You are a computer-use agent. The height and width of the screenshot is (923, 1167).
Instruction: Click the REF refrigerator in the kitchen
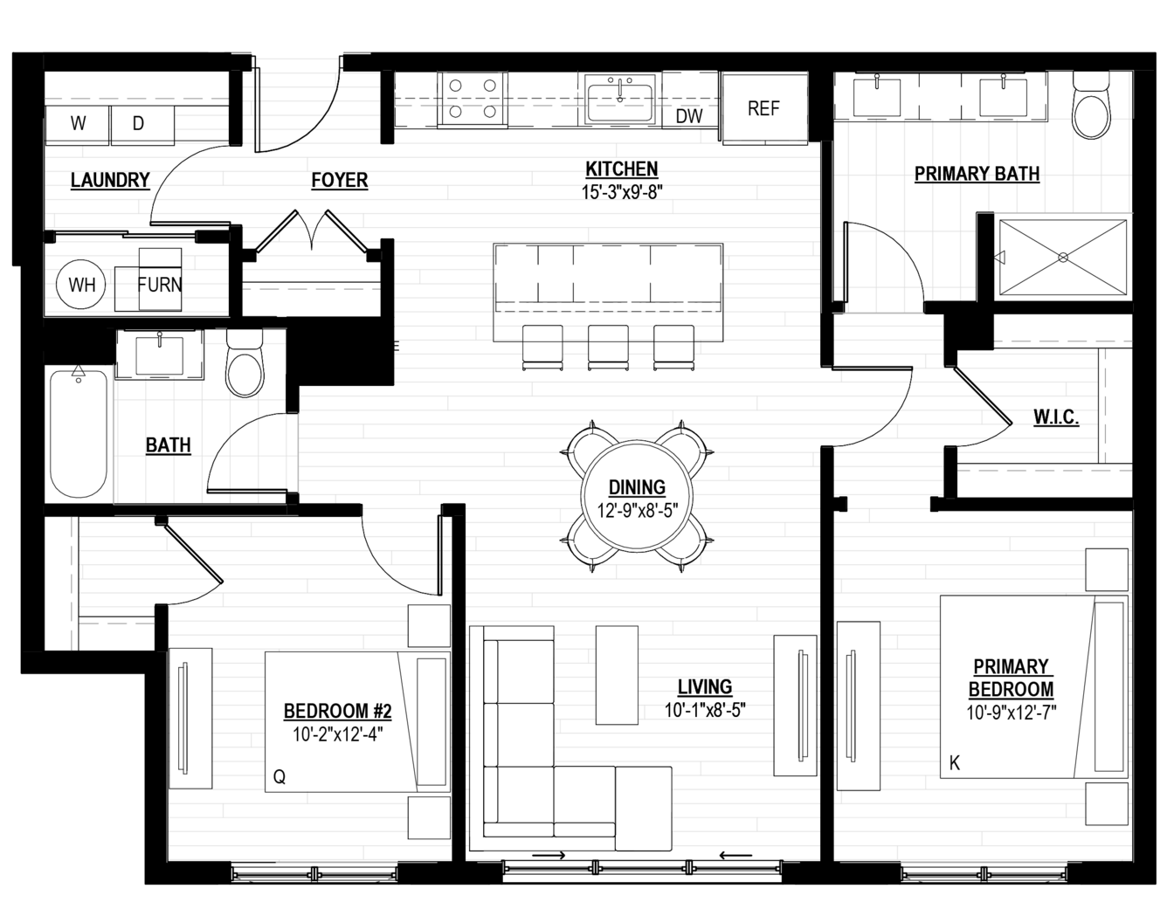764,108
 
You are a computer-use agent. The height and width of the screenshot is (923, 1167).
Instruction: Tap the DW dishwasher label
688,116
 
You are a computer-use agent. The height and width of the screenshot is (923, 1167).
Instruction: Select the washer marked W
78,124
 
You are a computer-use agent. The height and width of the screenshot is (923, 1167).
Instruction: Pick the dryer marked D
142,124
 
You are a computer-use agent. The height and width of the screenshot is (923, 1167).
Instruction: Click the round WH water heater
82,284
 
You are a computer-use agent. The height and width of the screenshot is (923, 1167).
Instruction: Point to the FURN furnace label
160,284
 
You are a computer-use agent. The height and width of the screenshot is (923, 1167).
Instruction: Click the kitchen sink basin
620,102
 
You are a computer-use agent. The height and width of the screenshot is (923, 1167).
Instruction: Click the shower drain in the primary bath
1063,258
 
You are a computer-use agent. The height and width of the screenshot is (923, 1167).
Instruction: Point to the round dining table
637,496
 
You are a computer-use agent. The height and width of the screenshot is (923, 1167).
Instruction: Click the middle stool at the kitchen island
609,347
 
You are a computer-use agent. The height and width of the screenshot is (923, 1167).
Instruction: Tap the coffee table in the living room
617,675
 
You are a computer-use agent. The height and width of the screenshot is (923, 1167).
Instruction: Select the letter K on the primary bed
955,763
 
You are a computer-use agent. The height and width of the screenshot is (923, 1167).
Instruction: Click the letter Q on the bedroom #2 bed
280,777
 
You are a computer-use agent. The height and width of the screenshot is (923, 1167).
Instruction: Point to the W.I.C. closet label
1056,417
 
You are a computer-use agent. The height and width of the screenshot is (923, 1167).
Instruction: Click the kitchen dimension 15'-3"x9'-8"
622,192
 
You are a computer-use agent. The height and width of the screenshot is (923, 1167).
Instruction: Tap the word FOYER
340,180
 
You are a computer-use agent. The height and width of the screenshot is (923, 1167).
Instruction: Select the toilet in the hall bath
245,362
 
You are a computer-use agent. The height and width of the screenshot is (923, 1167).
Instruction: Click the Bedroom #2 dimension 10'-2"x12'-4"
338,735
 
